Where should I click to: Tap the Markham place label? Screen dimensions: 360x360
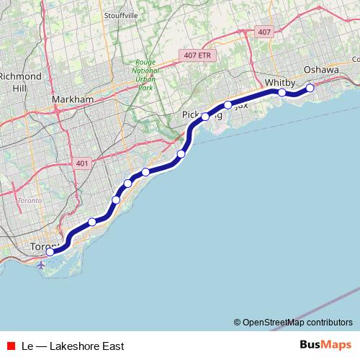73,99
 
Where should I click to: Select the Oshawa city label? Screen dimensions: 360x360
321,69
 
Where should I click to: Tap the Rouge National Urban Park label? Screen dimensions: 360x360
145,74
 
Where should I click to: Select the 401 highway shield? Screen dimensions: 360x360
81,164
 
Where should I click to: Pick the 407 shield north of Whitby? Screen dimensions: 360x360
264,32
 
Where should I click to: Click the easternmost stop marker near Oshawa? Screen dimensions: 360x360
310,88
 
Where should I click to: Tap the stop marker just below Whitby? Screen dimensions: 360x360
282,92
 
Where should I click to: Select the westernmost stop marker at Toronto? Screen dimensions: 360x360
50,252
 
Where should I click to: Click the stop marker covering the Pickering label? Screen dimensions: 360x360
205,116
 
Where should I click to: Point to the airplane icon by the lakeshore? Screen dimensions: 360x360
40,265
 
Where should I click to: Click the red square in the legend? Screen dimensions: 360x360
11,346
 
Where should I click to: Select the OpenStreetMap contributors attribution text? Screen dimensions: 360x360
297,323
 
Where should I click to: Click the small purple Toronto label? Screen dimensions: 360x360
30,199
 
